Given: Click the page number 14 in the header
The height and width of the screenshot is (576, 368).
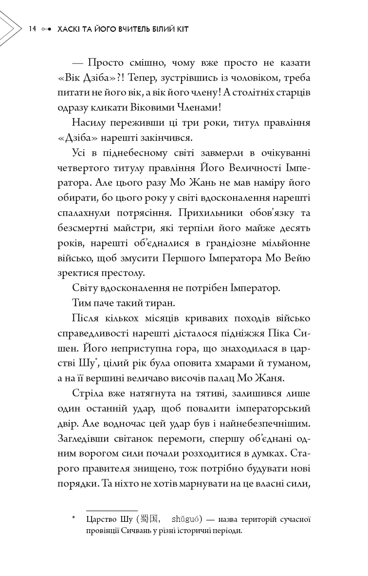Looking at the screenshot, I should (33, 29).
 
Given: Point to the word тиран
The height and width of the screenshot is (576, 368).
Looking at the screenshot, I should (160, 303).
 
